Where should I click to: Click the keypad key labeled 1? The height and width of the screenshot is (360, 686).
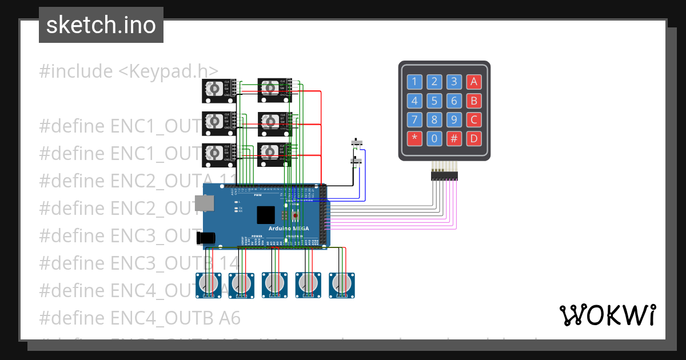click(x=415, y=82)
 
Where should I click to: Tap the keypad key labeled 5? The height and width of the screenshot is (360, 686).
click(x=434, y=101)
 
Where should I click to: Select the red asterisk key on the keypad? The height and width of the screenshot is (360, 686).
click(x=415, y=138)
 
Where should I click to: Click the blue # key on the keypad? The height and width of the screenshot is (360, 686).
click(x=454, y=138)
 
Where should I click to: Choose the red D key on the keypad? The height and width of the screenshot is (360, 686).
click(x=473, y=138)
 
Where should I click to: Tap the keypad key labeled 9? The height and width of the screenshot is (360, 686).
click(x=454, y=120)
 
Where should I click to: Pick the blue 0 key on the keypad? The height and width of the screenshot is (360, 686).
click(x=434, y=138)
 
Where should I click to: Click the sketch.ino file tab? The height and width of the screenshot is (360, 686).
click(x=101, y=25)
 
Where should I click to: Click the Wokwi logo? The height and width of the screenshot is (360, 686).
click(x=607, y=315)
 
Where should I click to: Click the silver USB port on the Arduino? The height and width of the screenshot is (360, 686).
click(x=204, y=202)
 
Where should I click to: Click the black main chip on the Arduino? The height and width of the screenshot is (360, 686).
click(x=266, y=214)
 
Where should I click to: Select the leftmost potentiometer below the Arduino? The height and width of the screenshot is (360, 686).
click(x=209, y=284)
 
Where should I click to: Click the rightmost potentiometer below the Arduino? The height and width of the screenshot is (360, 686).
click(x=342, y=284)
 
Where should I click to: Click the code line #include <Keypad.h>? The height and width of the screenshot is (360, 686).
click(x=129, y=71)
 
